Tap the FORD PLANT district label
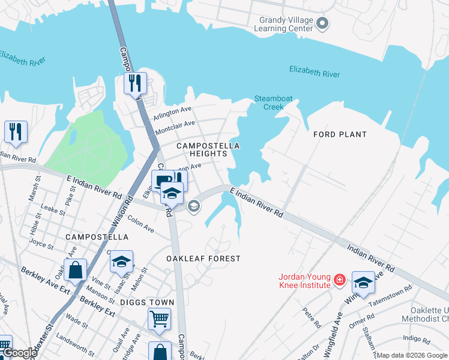tap(340, 134)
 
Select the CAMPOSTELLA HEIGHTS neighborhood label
tap(208, 149)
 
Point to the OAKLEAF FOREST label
tap(203, 259)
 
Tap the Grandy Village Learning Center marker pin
tap(322, 24)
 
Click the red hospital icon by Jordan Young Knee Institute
tap(340, 280)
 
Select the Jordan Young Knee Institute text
tap(304, 280)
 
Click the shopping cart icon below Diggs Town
tap(159, 319)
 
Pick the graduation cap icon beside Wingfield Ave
tap(363, 281)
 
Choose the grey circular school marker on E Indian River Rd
tap(193, 206)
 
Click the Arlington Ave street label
tap(172, 111)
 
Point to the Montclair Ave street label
tap(175, 127)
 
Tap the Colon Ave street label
tap(141, 225)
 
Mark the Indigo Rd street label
tap(417, 339)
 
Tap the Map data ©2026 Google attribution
tap(412, 355)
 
